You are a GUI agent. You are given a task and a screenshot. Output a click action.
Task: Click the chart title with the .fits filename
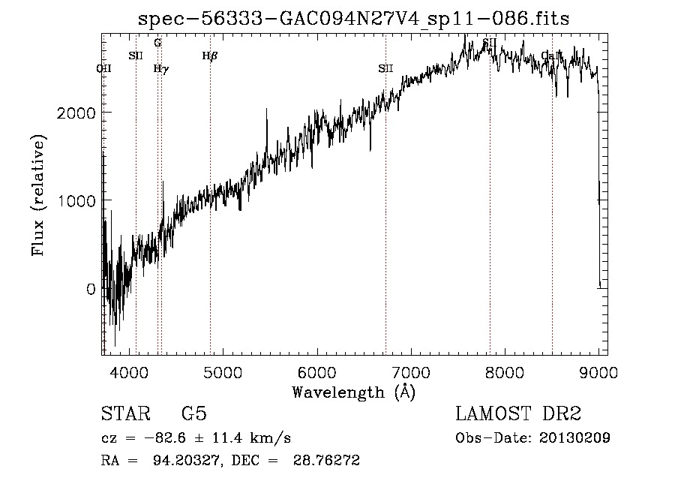(354, 20)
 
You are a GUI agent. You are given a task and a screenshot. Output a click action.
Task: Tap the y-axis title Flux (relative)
(37, 195)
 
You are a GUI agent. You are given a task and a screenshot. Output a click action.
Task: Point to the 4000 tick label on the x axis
(129, 371)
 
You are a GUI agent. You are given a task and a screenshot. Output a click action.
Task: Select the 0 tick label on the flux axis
(90, 289)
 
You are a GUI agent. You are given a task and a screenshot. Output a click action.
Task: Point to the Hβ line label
(210, 56)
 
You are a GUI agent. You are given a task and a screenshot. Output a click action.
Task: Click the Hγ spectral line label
(160, 69)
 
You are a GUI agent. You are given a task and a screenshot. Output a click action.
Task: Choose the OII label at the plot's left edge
(104, 69)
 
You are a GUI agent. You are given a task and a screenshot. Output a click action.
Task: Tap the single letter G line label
(157, 43)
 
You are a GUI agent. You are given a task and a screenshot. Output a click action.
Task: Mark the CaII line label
(551, 56)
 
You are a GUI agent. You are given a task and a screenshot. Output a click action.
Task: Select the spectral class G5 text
(193, 414)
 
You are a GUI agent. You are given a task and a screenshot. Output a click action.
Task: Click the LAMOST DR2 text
(518, 414)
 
